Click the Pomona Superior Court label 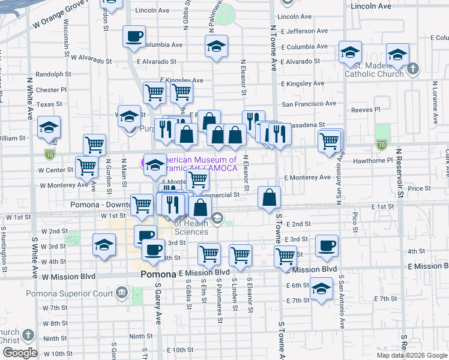click(70, 294)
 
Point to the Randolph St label click(53, 74)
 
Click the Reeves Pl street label click(366, 110)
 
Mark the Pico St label click(356, 221)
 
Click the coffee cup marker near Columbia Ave click(134, 36)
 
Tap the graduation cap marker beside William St click(49, 127)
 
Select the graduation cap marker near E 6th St click(321, 289)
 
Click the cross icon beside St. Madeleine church click(412, 69)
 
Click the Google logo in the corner click(19, 353)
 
